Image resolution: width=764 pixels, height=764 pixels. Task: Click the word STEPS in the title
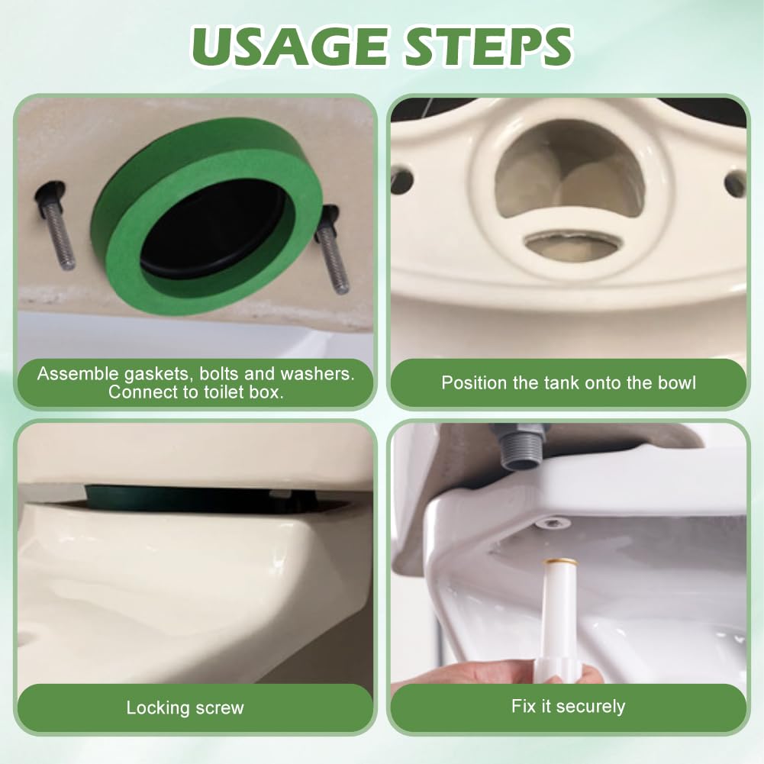486,47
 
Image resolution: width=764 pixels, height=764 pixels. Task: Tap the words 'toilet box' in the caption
243,393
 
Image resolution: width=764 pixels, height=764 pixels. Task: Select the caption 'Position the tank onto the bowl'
568,382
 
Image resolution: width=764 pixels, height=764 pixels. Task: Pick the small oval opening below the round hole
572,244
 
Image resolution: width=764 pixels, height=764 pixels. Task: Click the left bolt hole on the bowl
401,181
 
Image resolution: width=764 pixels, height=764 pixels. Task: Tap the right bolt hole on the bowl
735,183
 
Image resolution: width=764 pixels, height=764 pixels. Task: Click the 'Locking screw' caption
185,708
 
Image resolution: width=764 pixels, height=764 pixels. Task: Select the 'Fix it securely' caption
568,706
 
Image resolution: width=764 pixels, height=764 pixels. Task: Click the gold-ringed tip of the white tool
558,566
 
